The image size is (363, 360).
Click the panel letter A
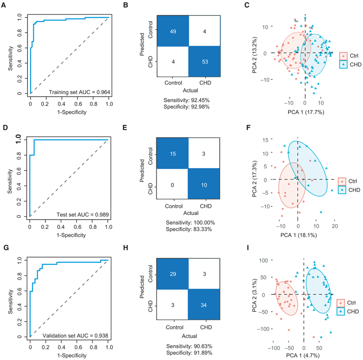coord(5,5)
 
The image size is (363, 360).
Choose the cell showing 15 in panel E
coord(172,154)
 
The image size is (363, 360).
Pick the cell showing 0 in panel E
coord(172,184)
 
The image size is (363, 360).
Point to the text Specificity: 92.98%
coord(188,106)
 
